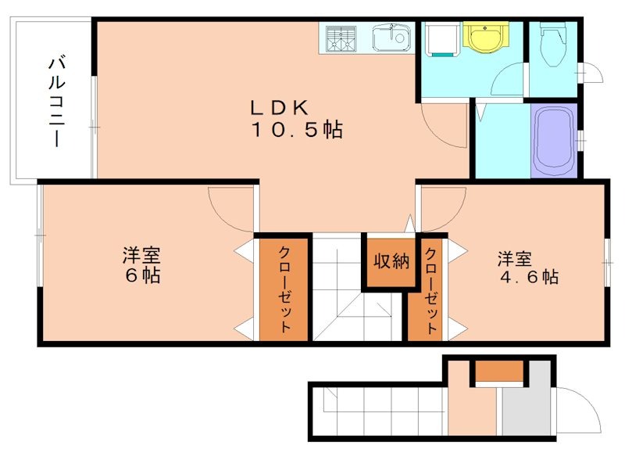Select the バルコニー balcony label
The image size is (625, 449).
tap(56, 102)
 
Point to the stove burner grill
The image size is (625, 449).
tap(341, 38)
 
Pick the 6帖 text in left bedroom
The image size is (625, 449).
tap(142, 275)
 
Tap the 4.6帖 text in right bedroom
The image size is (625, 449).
tap(529, 277)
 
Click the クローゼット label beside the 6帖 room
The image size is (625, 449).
tap(285, 289)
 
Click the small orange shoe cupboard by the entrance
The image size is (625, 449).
tap(499, 371)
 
